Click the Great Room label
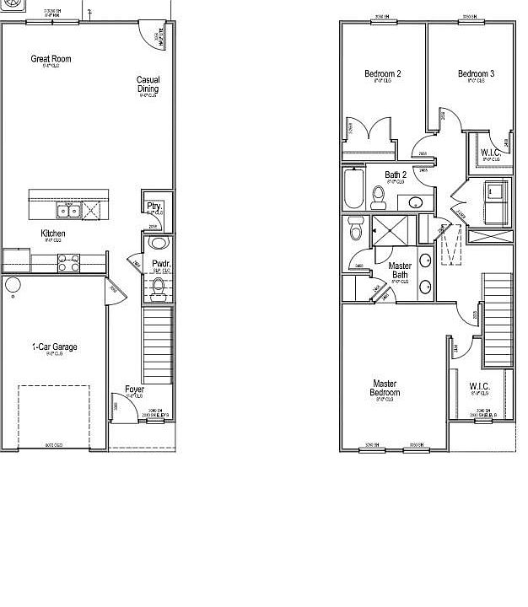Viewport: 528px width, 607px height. point(51,59)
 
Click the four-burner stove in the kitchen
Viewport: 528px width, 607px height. point(68,264)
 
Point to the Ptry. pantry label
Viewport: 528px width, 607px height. point(154,206)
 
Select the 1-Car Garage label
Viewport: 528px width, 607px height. point(54,346)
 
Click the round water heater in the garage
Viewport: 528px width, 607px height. point(13,285)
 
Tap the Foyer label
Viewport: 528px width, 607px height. point(134,389)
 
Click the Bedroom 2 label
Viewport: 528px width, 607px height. point(382,74)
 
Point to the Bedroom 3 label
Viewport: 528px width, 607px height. point(476,74)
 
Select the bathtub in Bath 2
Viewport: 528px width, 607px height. point(353,190)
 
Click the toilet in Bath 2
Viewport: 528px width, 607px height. point(379,197)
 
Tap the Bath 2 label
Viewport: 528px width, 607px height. point(396,175)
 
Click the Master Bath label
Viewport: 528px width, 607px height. point(400,270)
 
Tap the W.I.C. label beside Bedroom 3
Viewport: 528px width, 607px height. point(491,153)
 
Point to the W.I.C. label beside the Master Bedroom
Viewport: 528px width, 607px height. point(479,386)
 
